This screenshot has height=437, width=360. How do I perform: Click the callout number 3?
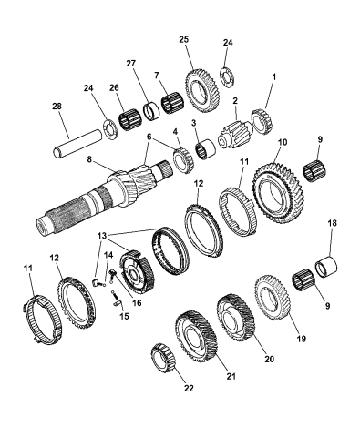click(x=194, y=122)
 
